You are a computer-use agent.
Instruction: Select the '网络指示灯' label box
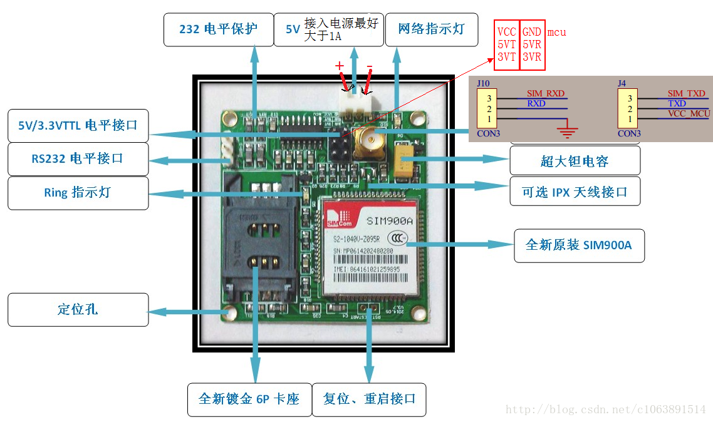click(x=431, y=29)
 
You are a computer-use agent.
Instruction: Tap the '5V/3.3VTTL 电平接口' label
click(x=78, y=125)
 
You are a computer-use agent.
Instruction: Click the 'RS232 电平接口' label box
click(x=78, y=158)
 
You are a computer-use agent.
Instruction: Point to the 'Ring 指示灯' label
click(x=78, y=192)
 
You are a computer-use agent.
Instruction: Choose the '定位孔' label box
click(x=78, y=309)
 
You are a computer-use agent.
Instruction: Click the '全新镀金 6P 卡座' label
click(x=249, y=399)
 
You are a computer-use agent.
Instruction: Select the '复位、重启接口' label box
click(x=369, y=399)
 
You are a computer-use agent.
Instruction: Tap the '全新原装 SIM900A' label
click(x=578, y=245)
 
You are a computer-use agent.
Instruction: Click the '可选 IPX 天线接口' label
click(x=575, y=192)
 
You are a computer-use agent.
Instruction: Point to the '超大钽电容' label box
click(x=575, y=161)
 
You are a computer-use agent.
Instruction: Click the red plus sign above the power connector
click(x=340, y=66)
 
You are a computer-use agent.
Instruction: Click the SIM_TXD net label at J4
click(x=686, y=93)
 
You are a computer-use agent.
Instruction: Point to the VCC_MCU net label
click(x=688, y=113)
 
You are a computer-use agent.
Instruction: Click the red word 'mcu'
click(x=556, y=32)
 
